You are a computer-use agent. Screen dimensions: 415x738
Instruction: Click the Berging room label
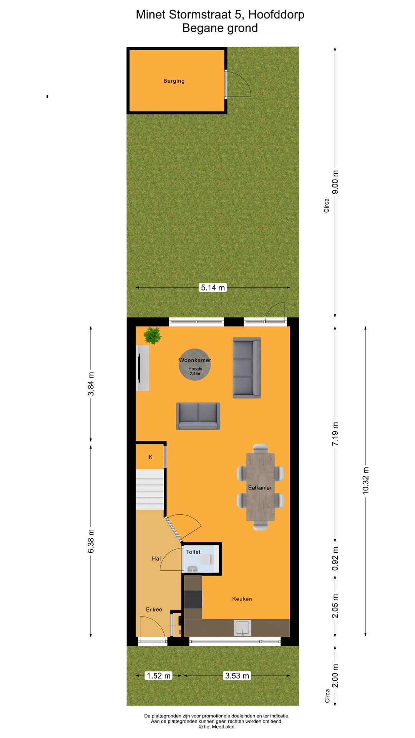click(174, 81)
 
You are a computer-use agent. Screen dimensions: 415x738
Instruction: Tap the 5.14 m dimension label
click(213, 288)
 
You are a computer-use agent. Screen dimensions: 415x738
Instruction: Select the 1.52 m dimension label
click(158, 675)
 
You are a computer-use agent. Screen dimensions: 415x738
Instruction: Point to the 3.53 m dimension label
click(237, 675)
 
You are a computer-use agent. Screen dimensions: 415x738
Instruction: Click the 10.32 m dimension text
click(365, 480)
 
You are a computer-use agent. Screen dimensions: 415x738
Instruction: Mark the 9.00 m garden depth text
click(335, 181)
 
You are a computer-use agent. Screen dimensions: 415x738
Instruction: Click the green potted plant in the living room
click(153, 336)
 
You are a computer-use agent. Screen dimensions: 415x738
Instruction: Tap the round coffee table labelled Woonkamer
click(195, 364)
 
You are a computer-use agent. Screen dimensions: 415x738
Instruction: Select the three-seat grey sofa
click(247, 368)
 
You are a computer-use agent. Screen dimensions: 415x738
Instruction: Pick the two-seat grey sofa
click(198, 416)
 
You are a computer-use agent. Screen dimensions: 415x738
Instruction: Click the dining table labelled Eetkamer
click(260, 487)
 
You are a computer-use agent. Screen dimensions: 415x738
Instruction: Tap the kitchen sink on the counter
click(243, 628)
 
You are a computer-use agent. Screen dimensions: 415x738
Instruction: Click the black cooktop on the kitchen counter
click(193, 599)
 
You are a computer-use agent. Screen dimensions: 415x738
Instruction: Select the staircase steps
click(150, 489)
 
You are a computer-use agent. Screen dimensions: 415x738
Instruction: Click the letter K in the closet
click(151, 457)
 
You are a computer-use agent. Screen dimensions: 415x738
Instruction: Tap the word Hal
click(156, 558)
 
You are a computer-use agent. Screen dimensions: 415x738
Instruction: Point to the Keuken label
click(242, 599)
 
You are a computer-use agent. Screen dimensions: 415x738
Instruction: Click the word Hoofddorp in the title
click(276, 15)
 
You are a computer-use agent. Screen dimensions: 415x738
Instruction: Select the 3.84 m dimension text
click(91, 384)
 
